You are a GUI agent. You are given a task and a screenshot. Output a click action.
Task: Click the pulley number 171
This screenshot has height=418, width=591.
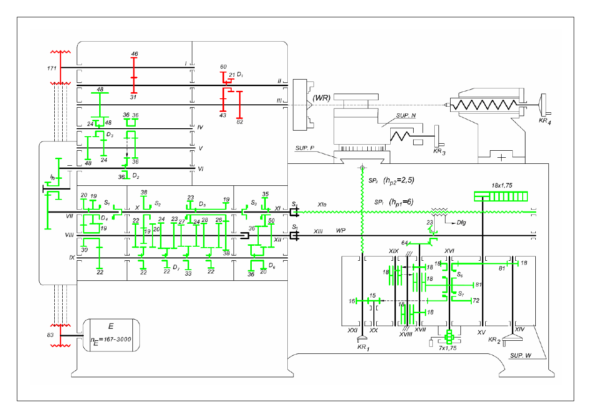point(51,68)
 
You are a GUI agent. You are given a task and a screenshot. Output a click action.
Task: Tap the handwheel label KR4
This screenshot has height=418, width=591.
point(546,122)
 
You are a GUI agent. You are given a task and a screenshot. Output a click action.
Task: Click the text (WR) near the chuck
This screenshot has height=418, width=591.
point(323,98)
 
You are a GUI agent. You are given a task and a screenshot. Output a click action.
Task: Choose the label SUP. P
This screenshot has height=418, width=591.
point(305,148)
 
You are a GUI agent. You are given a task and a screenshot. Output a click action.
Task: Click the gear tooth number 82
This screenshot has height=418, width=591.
point(240,122)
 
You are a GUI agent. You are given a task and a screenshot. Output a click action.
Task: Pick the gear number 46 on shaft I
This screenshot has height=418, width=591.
point(134,54)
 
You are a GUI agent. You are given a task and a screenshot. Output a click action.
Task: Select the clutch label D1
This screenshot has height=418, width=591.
point(240,74)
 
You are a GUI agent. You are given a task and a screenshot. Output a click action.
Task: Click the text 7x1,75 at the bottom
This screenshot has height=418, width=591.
point(447,348)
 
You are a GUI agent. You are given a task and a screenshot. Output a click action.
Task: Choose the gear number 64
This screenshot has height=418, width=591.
point(405,243)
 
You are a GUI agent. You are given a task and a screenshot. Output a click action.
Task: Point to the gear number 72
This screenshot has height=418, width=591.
point(476,300)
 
